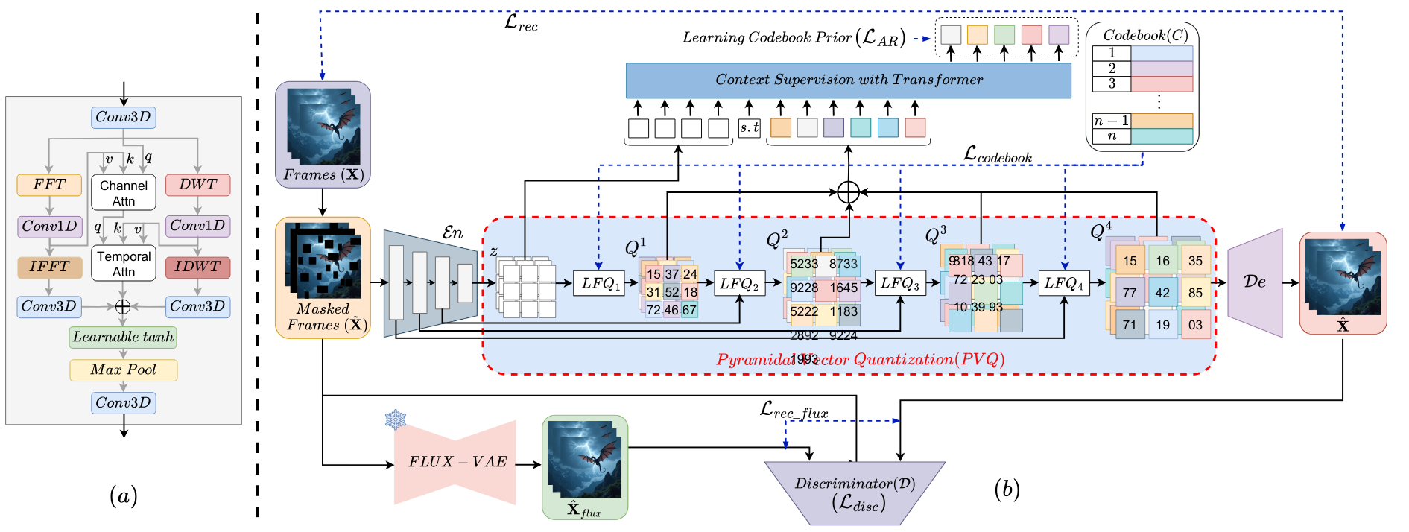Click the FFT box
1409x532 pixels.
click(x=49, y=185)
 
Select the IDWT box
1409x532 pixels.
click(x=197, y=267)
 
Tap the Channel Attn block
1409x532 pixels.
click(x=124, y=193)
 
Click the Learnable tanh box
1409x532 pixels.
click(x=123, y=337)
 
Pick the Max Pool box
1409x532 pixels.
click(x=123, y=370)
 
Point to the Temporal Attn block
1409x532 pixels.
click(x=124, y=264)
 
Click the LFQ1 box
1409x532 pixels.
click(x=598, y=283)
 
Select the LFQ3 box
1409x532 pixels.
click(x=900, y=283)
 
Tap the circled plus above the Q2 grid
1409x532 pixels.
click(x=848, y=193)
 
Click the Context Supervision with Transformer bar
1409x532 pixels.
click(x=848, y=80)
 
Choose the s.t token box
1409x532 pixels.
click(x=750, y=127)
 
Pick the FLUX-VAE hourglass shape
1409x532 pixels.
click(x=455, y=462)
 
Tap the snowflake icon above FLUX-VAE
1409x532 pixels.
click(x=396, y=419)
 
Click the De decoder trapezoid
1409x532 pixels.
click(x=1255, y=282)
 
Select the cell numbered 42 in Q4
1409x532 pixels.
click(x=1162, y=293)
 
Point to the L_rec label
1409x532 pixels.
click(x=521, y=23)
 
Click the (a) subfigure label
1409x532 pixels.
click(x=123, y=495)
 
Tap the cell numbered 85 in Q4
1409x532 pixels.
click(x=1195, y=293)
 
